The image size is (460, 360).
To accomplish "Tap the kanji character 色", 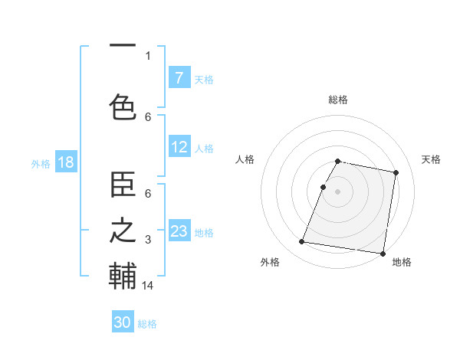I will pos(123,106).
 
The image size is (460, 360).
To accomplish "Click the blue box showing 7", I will pos(179,77).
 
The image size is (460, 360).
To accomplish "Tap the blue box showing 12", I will pos(179,147).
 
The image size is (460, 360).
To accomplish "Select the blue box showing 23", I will pos(179,231).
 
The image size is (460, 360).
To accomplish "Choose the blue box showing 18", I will pos(65,162).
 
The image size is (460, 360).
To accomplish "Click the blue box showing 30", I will pos(123,322).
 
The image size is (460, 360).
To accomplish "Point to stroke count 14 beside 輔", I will pos(148,286).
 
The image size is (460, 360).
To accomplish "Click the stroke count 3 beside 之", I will pos(148,241).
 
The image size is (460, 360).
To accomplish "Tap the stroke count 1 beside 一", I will pos(148,55).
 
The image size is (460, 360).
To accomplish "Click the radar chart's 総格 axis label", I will pos(338,100).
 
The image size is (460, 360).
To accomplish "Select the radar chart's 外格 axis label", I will pos(270,262).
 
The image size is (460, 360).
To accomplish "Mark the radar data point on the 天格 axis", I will pos(396,173).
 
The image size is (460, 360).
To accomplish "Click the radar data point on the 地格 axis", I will pos(382,254).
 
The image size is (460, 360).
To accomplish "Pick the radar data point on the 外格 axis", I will pos(302,242).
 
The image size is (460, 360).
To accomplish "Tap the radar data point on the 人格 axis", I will pos(324,187).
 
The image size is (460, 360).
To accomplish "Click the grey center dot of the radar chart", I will pos(338,191).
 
